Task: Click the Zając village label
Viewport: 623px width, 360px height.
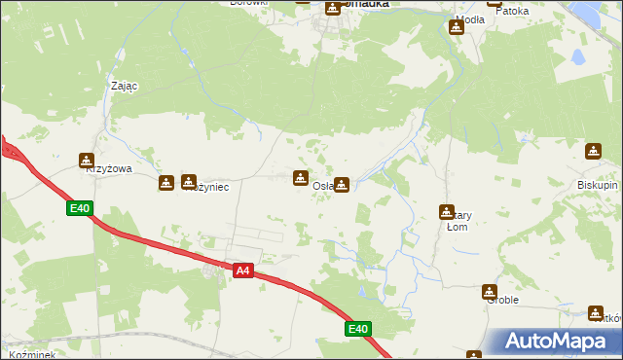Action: pyautogui.click(x=124, y=86)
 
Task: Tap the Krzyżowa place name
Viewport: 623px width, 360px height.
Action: pyautogui.click(x=108, y=168)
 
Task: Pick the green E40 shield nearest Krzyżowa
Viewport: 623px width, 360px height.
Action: pyautogui.click(x=80, y=208)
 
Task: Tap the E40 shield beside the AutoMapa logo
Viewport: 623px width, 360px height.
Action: pyautogui.click(x=358, y=330)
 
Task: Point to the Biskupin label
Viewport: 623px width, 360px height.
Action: pyautogui.click(x=596, y=183)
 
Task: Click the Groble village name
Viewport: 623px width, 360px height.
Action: pyautogui.click(x=502, y=301)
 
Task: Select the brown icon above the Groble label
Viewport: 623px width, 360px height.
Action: pyautogui.click(x=489, y=291)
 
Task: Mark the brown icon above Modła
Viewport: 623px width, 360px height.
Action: pyautogui.click(x=457, y=27)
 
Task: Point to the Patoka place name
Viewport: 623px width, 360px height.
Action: pyautogui.click(x=513, y=12)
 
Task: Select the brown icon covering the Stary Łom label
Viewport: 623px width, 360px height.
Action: pyautogui.click(x=447, y=212)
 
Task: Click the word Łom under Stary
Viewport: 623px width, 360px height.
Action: pyautogui.click(x=457, y=228)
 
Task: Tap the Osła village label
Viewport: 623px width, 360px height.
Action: pyautogui.click(x=322, y=186)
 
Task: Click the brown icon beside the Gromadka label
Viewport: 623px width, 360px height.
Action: pyautogui.click(x=333, y=8)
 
